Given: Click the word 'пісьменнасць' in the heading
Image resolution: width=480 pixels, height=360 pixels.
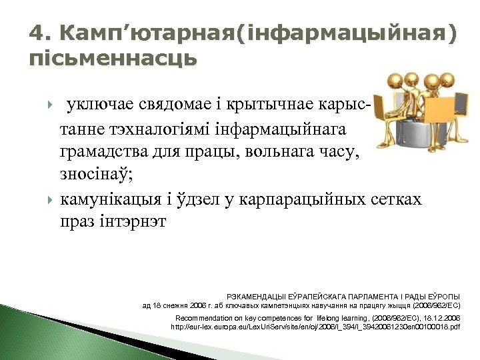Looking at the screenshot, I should tap(113, 59).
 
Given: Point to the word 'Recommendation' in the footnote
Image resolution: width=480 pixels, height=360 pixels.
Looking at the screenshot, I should tap(203, 318).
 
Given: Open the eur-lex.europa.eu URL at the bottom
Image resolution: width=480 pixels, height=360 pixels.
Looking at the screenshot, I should tap(315, 328).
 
